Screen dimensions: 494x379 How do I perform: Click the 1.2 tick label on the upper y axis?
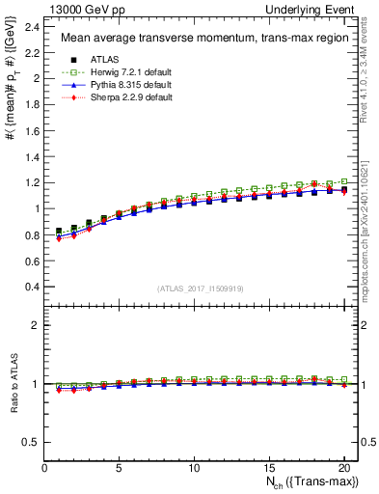coord(33,182)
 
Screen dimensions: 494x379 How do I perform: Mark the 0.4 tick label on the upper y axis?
coord(33,287)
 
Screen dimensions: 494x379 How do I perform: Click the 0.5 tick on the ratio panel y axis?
coord(33,442)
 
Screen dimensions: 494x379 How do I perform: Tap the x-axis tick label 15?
coord(268,470)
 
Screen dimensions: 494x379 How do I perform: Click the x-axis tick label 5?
coord(120,470)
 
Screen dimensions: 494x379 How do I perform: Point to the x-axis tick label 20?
coord(342,470)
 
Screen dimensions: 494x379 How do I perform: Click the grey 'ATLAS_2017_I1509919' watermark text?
coord(201,288)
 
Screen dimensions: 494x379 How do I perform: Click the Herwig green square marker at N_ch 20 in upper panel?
coord(343,181)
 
